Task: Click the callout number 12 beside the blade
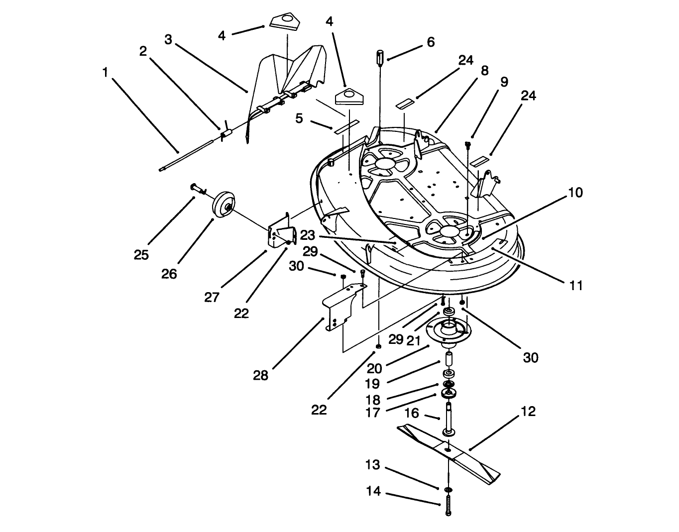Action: pyautogui.click(x=528, y=412)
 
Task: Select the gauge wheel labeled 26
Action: pyautogui.click(x=223, y=205)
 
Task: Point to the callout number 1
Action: pyautogui.click(x=105, y=73)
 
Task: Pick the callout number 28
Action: pyautogui.click(x=260, y=375)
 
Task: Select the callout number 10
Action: pyautogui.click(x=575, y=193)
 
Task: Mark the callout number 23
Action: pyautogui.click(x=308, y=234)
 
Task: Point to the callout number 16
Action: pyautogui.click(x=411, y=413)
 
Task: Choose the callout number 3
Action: pyautogui.click(x=168, y=40)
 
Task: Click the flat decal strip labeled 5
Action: pyautogui.click(x=346, y=127)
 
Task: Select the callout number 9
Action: pyautogui.click(x=504, y=81)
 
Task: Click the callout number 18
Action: pyautogui.click(x=373, y=400)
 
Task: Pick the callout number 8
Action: pyautogui.click(x=484, y=71)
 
